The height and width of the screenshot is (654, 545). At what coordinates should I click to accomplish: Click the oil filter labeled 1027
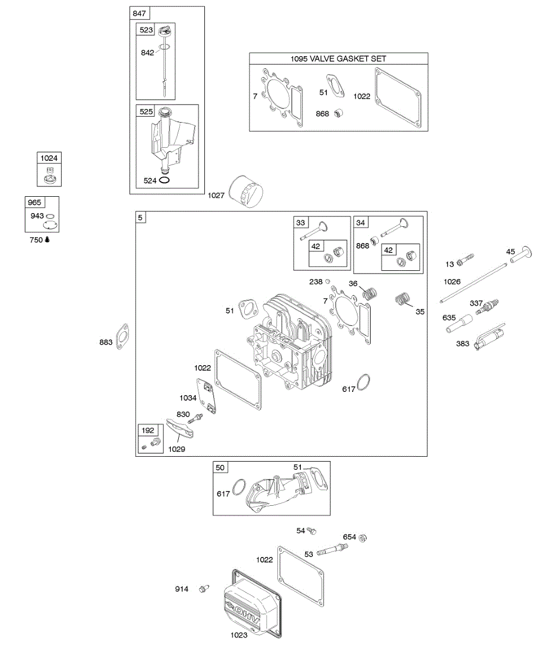(246, 191)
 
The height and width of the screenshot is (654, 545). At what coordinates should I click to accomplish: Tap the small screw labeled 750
(48, 239)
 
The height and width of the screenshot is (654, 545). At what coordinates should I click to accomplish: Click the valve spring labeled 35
(403, 300)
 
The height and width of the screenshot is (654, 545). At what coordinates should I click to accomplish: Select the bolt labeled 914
(204, 589)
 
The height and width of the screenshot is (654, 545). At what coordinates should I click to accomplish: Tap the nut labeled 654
(364, 537)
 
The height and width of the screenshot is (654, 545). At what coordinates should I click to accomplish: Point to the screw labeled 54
(312, 530)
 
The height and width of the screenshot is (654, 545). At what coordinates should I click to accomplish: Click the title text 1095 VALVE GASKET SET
(338, 59)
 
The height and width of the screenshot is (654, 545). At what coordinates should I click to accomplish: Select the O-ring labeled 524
(166, 180)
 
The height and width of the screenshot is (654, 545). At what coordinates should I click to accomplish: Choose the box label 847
(139, 13)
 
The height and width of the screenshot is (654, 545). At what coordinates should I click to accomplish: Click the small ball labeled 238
(328, 282)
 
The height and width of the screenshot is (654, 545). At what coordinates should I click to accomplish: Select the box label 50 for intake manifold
(220, 468)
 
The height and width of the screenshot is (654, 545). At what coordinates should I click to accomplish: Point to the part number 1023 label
(239, 634)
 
